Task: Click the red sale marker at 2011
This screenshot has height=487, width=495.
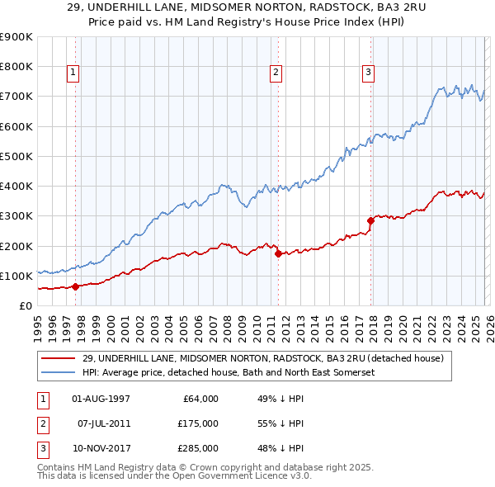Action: tap(278, 253)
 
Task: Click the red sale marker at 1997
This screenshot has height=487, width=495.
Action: tap(75, 286)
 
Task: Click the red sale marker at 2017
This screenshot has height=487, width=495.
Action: tap(370, 220)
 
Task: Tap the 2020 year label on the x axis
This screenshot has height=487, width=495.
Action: tap(402, 325)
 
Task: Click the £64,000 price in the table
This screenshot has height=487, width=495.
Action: tap(200, 398)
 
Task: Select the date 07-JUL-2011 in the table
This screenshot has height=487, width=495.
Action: tap(103, 423)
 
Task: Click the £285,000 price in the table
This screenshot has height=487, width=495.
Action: tap(197, 448)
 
